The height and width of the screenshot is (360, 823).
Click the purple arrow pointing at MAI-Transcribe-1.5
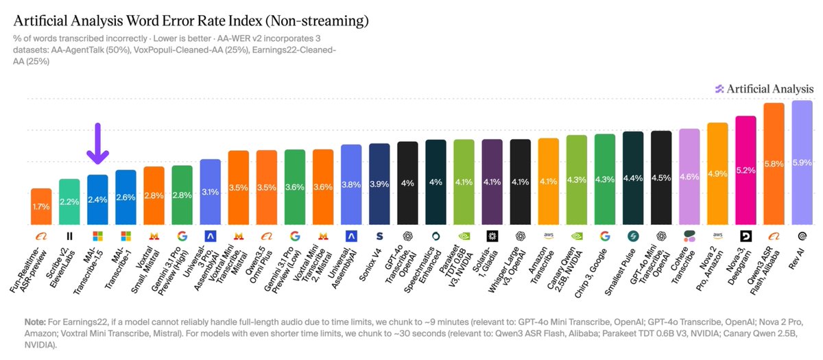coord(97,143)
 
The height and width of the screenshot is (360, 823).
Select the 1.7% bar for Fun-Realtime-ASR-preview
coord(41,206)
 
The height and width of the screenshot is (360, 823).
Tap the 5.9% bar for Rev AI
coord(802,163)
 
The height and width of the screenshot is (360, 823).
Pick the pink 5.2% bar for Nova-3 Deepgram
coord(746,170)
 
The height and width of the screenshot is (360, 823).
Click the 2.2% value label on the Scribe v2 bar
coord(69,202)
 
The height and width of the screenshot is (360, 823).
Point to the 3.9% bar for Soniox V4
coord(379,184)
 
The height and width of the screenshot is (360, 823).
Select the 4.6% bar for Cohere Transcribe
coord(689,177)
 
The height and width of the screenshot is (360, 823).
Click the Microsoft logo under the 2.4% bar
coord(97,236)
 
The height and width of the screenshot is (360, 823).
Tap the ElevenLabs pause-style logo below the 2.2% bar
coord(69,236)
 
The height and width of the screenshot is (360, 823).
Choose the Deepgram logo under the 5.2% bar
coord(746,236)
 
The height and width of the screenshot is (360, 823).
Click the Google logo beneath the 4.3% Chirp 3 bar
coord(605,236)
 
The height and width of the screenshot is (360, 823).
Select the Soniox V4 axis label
coord(370,265)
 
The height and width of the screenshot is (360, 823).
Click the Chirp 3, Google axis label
coord(591,273)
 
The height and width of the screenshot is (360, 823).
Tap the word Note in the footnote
coord(35,322)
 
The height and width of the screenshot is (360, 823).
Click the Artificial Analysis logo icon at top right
coord(719,89)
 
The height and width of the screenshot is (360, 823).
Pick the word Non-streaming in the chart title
coord(318,21)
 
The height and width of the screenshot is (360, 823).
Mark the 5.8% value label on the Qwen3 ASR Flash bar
coord(774,164)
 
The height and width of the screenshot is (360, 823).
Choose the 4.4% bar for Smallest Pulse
coord(633,178)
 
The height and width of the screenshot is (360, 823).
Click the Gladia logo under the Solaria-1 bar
coord(492,236)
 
